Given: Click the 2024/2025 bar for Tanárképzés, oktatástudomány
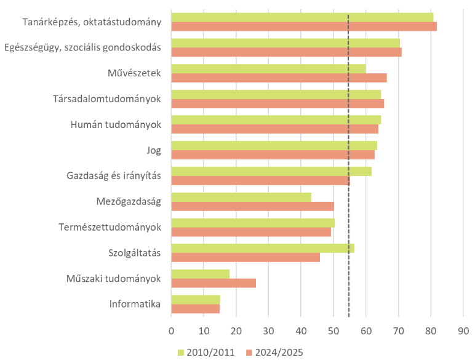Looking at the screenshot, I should pyautogui.click(x=304, y=26).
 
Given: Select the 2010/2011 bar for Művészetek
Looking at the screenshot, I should pyautogui.click(x=268, y=68).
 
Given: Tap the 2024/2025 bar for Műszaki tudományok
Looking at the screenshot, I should pyautogui.click(x=214, y=283).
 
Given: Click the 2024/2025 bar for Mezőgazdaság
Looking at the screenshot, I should pyautogui.click(x=252, y=206).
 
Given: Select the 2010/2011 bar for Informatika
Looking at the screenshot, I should pyautogui.click(x=196, y=299).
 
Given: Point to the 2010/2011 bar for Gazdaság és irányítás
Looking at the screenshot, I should pyautogui.click(x=271, y=171).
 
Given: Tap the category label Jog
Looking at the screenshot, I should pyautogui.click(x=153, y=150).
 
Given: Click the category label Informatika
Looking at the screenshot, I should pyautogui.click(x=135, y=304).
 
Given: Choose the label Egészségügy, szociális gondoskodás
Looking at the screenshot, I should pyautogui.click(x=82, y=47).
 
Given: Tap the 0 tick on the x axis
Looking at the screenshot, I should pyautogui.click(x=171, y=331).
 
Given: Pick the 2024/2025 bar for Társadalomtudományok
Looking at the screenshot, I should pyautogui.click(x=277, y=103).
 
